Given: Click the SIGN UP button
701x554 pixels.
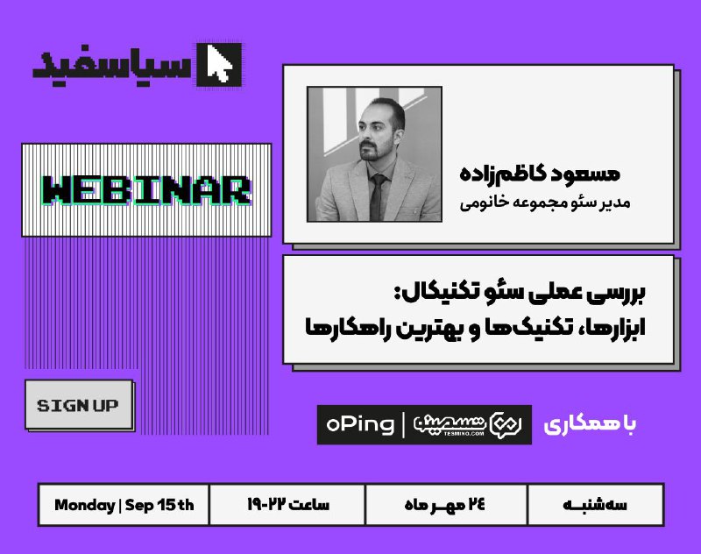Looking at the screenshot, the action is (79, 404).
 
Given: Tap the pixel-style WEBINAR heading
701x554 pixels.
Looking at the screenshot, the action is (145, 190).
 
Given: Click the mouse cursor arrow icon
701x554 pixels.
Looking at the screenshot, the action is (219, 65).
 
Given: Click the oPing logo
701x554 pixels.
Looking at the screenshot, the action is (360, 425).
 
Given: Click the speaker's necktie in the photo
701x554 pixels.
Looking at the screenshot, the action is (378, 196).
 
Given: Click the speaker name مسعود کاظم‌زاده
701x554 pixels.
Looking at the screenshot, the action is (540, 173).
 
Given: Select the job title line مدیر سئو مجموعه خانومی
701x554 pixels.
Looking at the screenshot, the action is (545, 202).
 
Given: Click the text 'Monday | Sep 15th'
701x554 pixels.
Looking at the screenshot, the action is (124, 505).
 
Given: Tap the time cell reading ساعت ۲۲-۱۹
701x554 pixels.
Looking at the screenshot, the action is (288, 505).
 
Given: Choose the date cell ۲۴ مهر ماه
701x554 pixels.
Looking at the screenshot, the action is (445, 505).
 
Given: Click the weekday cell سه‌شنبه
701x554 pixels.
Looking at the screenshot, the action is (595, 505).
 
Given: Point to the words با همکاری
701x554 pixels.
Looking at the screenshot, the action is (590, 425).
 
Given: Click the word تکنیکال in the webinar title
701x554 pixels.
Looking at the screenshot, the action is (430, 293).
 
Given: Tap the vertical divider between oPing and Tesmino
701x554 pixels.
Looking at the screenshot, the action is (404, 425).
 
